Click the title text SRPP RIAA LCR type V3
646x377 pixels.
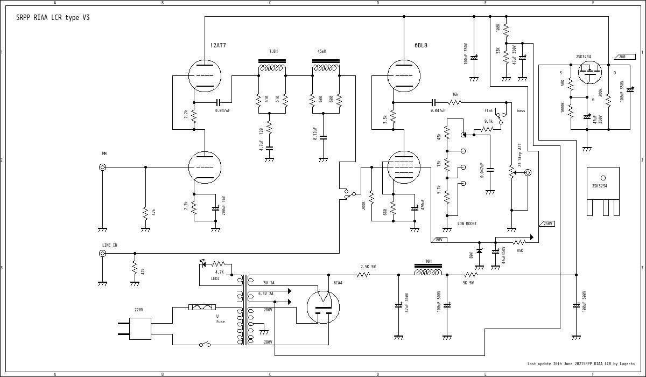(x=53, y=18)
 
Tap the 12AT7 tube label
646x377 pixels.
(x=218, y=46)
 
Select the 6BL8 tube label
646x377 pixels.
(x=421, y=46)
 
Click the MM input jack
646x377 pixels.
(x=102, y=167)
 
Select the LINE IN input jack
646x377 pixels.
(x=102, y=253)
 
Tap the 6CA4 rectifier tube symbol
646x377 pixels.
(x=323, y=307)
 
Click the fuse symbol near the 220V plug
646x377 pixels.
(x=203, y=307)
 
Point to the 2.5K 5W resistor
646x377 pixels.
(x=364, y=275)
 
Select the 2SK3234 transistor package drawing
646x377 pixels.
(x=603, y=191)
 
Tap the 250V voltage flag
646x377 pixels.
(x=547, y=224)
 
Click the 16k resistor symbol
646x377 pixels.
(x=455, y=102)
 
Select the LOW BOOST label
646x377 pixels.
(x=467, y=224)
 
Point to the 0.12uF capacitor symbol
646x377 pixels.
(x=323, y=137)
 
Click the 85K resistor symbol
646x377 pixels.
(x=519, y=242)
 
